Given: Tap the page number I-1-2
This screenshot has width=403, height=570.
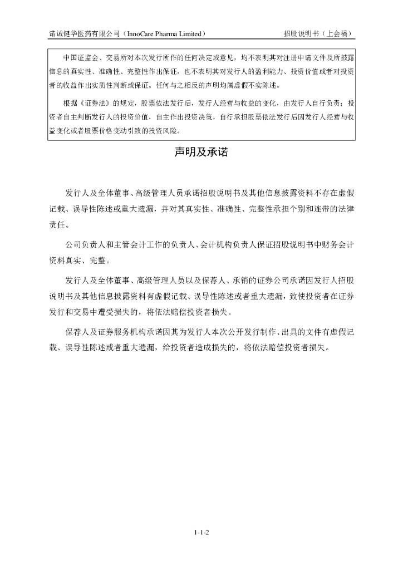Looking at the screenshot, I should pyautogui.click(x=202, y=533).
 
